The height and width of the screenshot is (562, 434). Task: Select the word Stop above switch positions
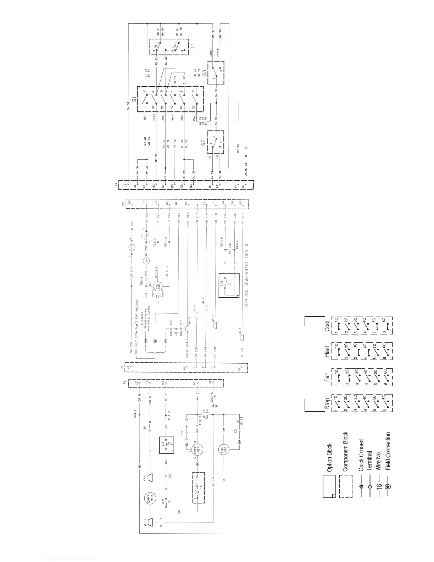point(327,404)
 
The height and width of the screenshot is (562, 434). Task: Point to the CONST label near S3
point(211,52)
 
